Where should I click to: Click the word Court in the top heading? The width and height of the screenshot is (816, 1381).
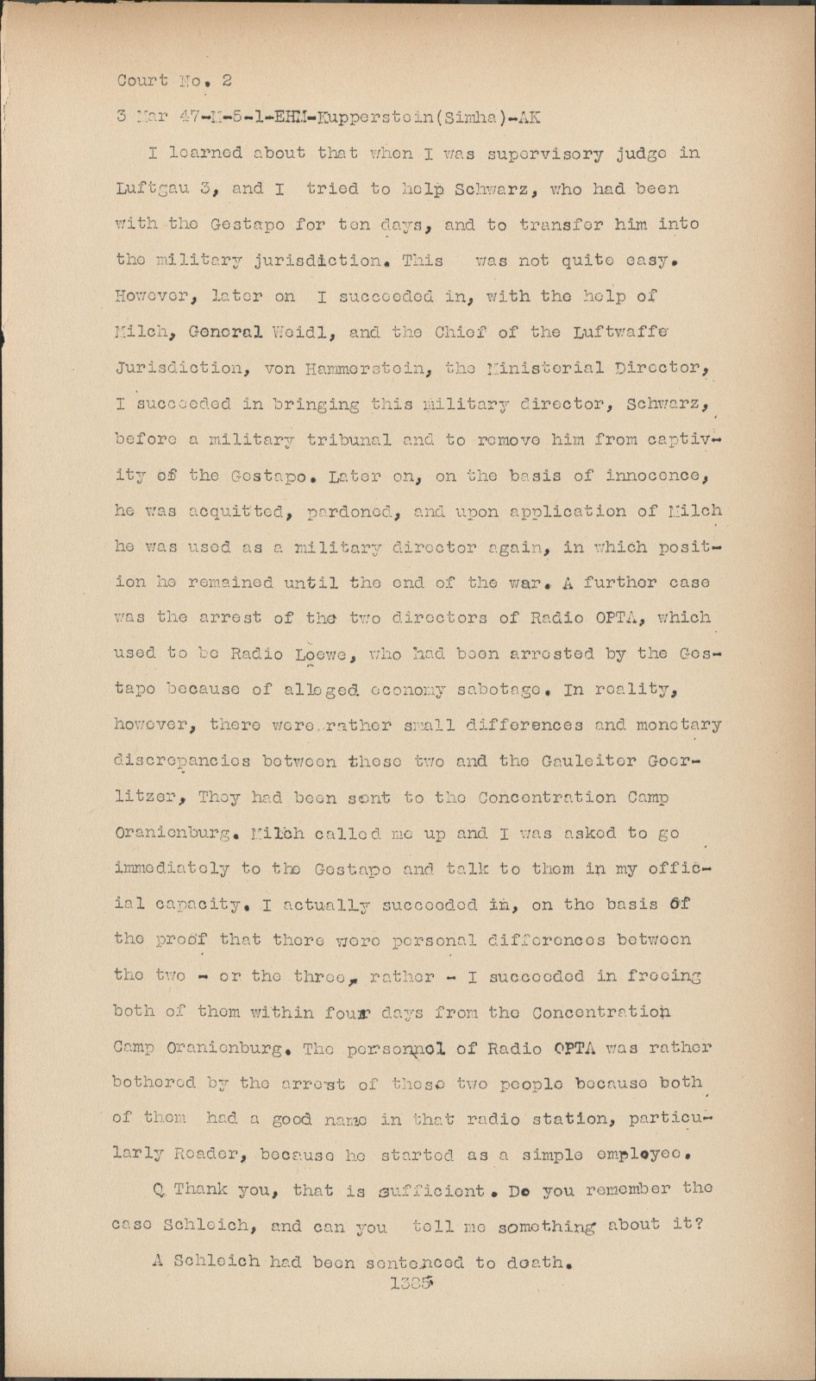click(142, 81)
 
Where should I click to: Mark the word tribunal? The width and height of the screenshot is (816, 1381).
click(348, 440)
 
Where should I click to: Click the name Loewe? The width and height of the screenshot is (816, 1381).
click(321, 654)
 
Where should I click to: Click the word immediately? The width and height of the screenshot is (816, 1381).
click(172, 868)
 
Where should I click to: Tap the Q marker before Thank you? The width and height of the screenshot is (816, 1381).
click(159, 1190)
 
